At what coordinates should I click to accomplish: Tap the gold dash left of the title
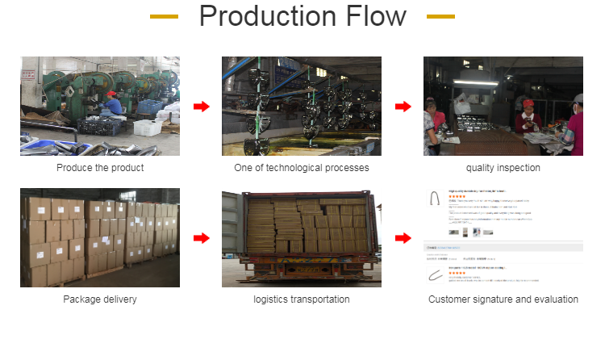click(x=164, y=16)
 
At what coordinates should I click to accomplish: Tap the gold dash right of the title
click(x=440, y=16)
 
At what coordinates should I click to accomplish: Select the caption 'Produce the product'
click(x=100, y=168)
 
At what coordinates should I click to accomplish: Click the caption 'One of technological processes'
click(x=302, y=168)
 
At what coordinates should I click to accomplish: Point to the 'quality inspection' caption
click(x=503, y=168)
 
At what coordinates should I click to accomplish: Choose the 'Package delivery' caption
click(x=100, y=299)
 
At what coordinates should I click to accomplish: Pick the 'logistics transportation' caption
click(x=302, y=299)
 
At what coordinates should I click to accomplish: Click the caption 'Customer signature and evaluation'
click(x=503, y=299)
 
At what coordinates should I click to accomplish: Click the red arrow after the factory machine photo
click(x=201, y=107)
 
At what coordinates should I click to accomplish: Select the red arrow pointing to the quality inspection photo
click(x=403, y=107)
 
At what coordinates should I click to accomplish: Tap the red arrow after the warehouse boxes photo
click(x=201, y=238)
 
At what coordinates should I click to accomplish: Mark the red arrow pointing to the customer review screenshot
click(x=403, y=238)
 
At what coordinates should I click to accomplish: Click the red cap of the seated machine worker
click(x=111, y=94)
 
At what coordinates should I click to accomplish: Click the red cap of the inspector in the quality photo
click(x=528, y=103)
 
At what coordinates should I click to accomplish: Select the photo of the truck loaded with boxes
click(x=302, y=238)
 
